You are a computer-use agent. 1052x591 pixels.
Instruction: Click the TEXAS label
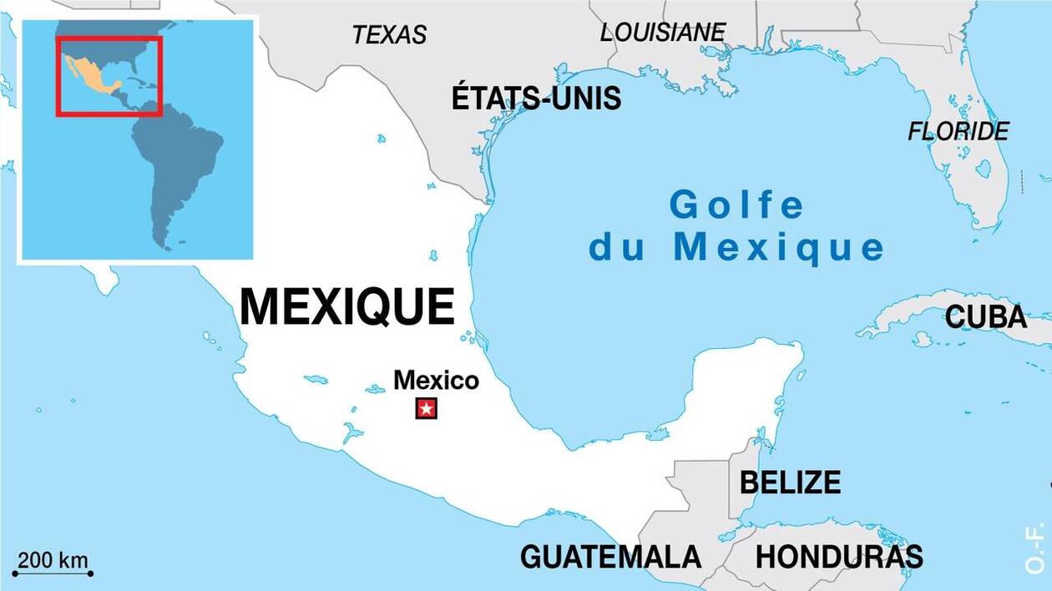pos(389,34)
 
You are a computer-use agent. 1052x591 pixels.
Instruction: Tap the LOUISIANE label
pos(662,32)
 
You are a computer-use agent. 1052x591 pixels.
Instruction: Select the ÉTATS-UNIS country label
pos(536,98)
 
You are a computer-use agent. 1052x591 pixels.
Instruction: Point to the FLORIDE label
pos(958,131)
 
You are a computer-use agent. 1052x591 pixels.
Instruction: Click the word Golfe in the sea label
pos(737,205)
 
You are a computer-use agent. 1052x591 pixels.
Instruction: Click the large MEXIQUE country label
pos(347,306)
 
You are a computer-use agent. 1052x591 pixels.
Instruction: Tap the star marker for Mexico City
pos(427,409)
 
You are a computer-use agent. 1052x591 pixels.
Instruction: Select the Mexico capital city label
pos(436,381)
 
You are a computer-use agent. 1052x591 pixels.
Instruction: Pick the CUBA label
pos(985,317)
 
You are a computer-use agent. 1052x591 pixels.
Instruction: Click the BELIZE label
pos(790,482)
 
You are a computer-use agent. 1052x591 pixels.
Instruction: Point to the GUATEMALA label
pos(610,556)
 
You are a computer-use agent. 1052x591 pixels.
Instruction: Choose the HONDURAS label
pos(839,556)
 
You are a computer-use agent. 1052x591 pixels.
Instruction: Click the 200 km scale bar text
pos(53,560)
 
